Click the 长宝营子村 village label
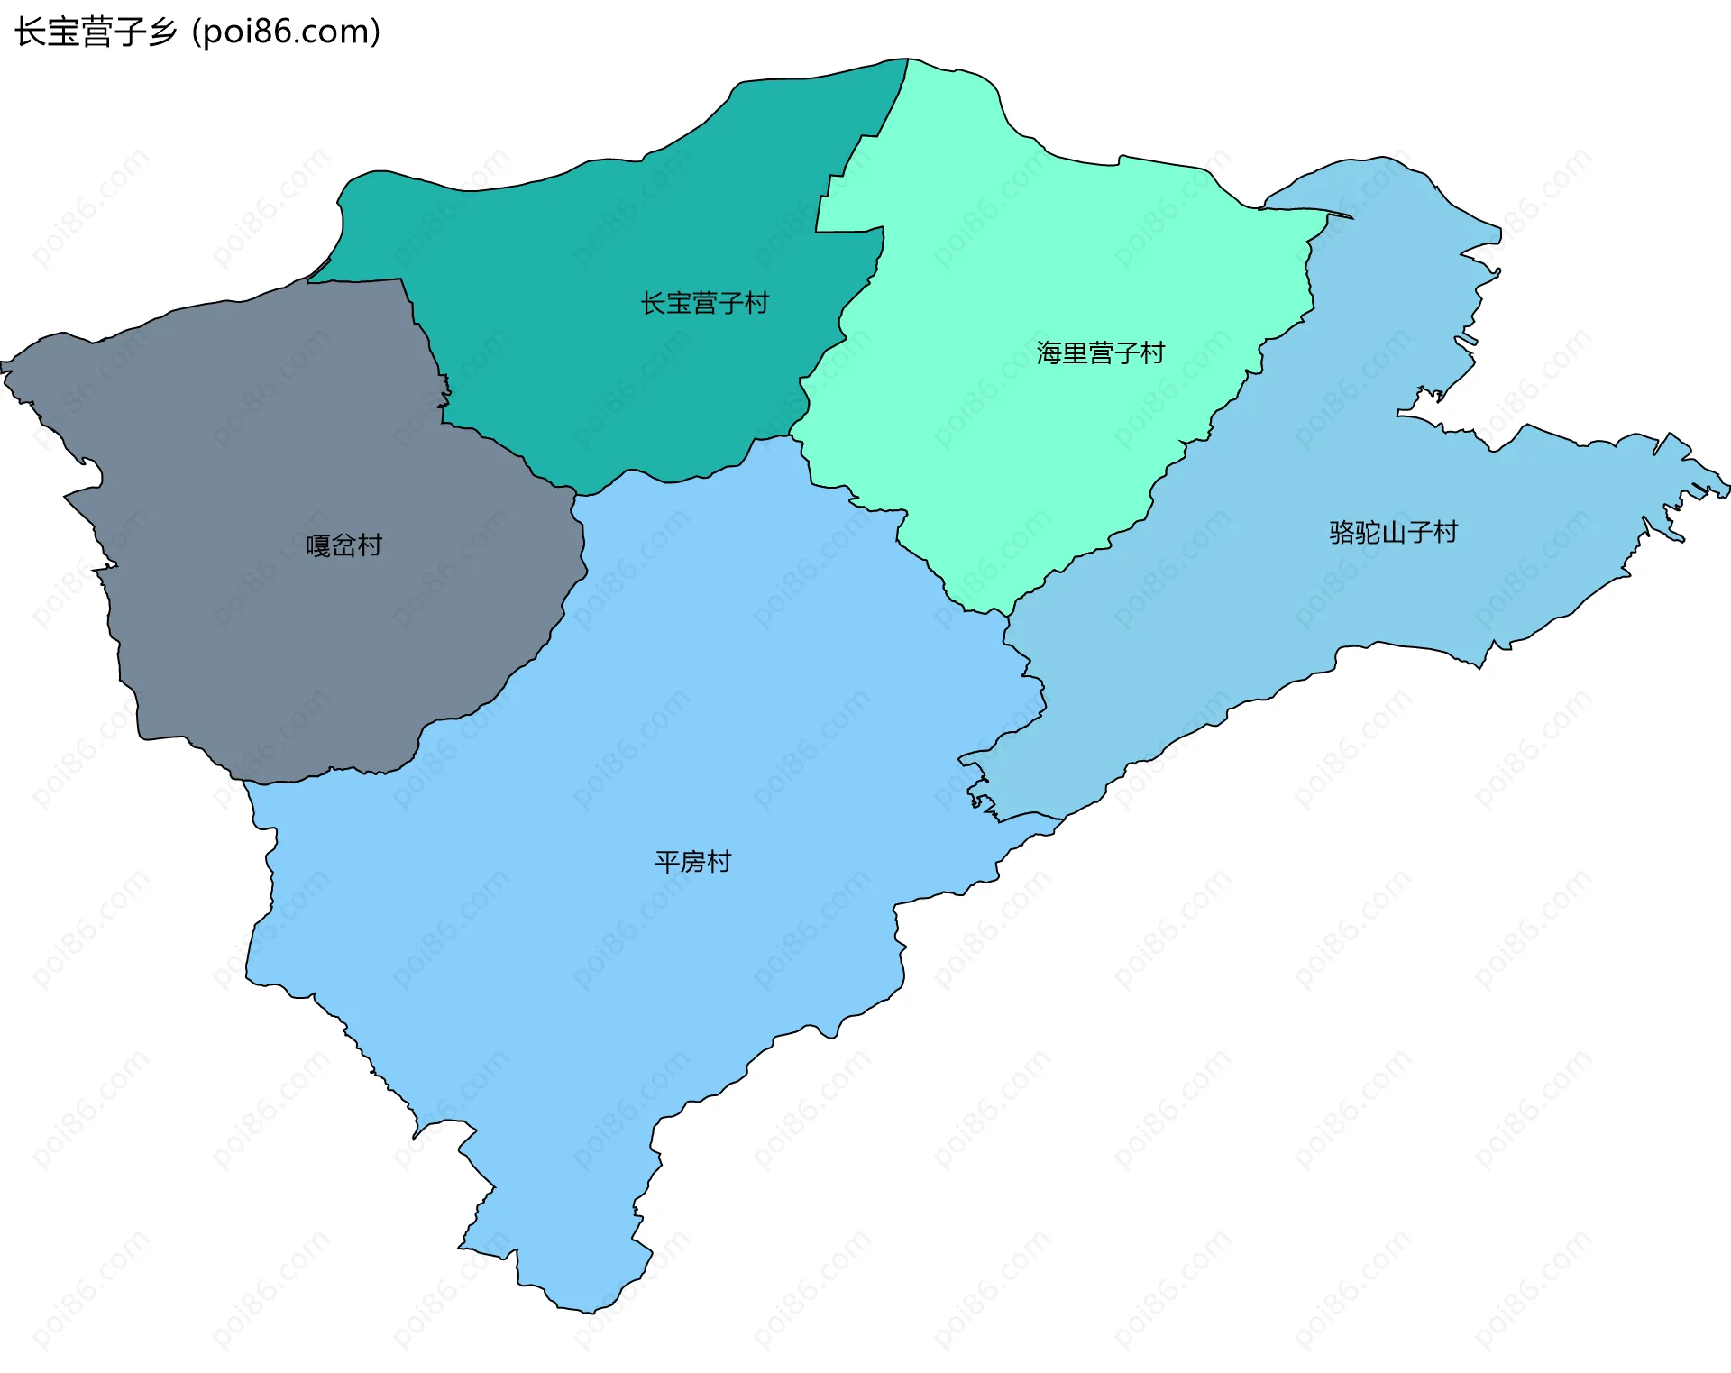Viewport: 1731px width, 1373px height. pyautogui.click(x=704, y=303)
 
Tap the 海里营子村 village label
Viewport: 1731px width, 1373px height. pyautogui.click(x=1100, y=352)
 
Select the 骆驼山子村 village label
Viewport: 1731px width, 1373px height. pyautogui.click(x=1393, y=532)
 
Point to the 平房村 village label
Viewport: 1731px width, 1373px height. pyautogui.click(x=692, y=862)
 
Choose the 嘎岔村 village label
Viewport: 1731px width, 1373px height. pyautogui.click(x=343, y=545)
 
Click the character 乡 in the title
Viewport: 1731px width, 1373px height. pyautogui.click(x=163, y=32)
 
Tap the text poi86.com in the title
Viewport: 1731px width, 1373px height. pyautogui.click(x=286, y=32)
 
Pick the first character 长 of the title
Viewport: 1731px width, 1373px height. pyautogui.click(x=30, y=32)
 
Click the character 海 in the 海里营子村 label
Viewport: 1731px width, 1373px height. pyautogui.click(x=1049, y=352)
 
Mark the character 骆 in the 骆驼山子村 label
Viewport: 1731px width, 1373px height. pyautogui.click(x=1342, y=532)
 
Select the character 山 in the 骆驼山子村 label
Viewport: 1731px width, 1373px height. pyautogui.click(x=1393, y=532)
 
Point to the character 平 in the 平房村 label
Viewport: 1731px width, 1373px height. pyautogui.click(x=667, y=862)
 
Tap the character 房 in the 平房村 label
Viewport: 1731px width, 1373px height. pyautogui.click(x=692, y=862)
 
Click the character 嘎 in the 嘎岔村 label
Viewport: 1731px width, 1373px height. pyautogui.click(x=318, y=545)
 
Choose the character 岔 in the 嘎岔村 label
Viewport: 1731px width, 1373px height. pyautogui.click(x=343, y=545)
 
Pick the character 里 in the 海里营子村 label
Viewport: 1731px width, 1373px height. pyautogui.click(x=1075, y=352)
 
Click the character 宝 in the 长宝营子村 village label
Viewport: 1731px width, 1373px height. pyautogui.click(x=679, y=303)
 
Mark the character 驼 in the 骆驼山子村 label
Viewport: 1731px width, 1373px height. pyautogui.click(x=1367, y=532)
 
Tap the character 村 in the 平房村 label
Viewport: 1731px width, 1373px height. pyautogui.click(x=719, y=862)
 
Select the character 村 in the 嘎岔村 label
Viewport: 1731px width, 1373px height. pyautogui.click(x=370, y=545)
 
